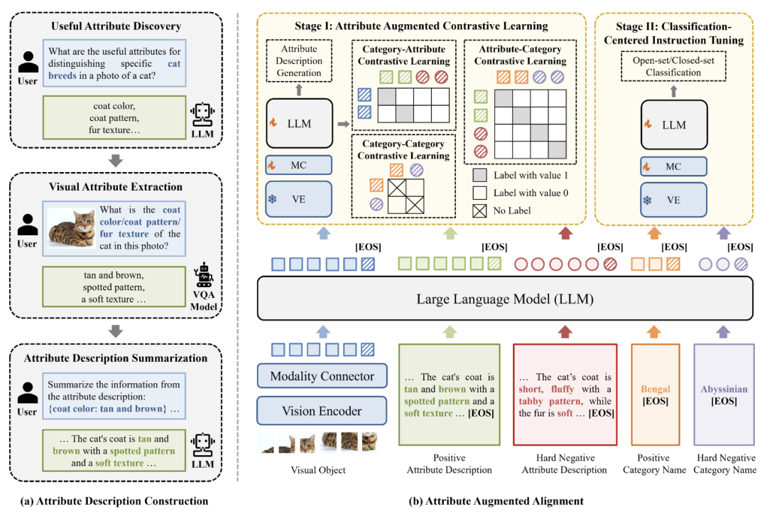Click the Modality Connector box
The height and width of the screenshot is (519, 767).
[322, 377]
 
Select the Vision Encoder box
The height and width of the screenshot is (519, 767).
[322, 411]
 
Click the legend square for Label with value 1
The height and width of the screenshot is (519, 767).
[480, 175]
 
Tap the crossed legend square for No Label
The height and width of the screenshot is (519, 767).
[480, 210]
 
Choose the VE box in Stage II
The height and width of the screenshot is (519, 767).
[673, 200]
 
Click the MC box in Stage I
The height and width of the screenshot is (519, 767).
[299, 165]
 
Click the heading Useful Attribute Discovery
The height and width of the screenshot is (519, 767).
[116, 26]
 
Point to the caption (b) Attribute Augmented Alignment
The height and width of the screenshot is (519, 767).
[497, 501]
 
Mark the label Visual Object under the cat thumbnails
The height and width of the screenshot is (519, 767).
[319, 470]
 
